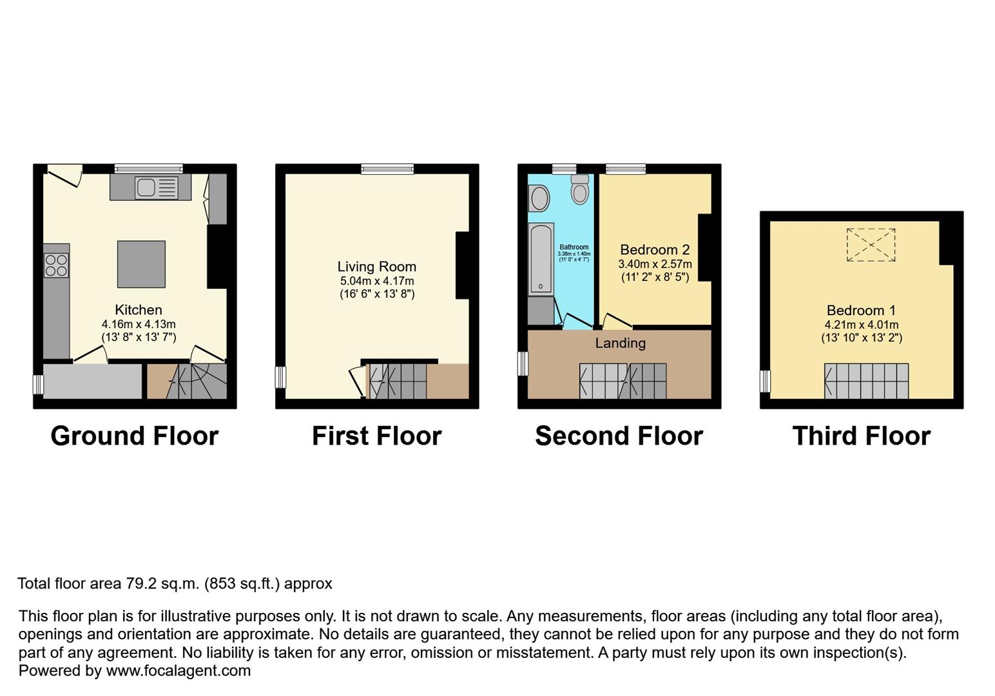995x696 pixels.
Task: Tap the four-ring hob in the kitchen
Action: point(56,265)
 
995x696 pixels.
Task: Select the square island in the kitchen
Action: point(141,264)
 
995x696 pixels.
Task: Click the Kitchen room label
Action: point(138,310)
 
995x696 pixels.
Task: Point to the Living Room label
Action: point(376,267)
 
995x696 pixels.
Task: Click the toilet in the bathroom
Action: point(580,189)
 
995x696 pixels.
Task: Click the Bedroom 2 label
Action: point(655,250)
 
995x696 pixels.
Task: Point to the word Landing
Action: point(620,343)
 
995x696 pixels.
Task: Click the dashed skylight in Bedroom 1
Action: point(871,245)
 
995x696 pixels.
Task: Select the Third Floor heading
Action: point(861,436)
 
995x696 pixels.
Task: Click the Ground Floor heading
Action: point(134,436)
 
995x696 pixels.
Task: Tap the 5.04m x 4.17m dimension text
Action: point(377,281)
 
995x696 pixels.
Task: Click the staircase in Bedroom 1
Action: point(866,381)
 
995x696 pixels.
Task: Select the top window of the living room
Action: point(387,169)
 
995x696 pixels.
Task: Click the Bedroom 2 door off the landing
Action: point(616,322)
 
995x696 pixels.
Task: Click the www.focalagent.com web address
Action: point(179,671)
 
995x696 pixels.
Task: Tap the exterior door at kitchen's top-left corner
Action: point(64,175)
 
